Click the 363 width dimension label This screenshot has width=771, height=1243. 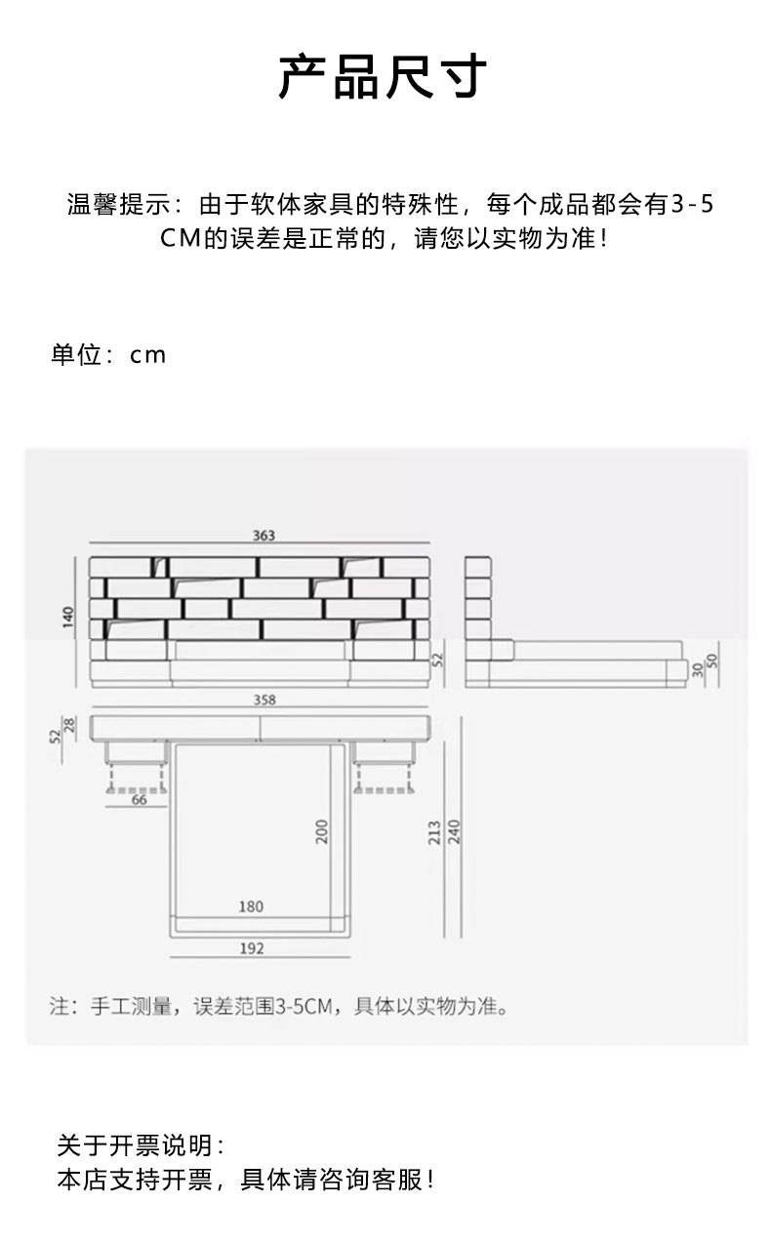[264, 536]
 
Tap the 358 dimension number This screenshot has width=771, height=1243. [264, 700]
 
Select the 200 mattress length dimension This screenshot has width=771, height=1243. [322, 831]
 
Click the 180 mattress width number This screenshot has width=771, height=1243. [251, 906]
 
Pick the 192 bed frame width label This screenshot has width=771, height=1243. [252, 947]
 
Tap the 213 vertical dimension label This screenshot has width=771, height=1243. [435, 831]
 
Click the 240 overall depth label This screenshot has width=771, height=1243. [454, 831]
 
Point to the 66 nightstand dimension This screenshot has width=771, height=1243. [139, 799]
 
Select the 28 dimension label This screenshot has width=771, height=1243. [69, 725]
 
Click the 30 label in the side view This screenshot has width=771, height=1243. [697, 668]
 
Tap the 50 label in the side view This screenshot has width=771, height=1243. [711, 661]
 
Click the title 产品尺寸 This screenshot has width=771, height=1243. [383, 78]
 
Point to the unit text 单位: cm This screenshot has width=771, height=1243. [108, 355]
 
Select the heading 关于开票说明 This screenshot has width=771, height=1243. [141, 1144]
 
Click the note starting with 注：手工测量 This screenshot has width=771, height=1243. [278, 1006]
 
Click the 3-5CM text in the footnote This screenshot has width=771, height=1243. [305, 1006]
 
